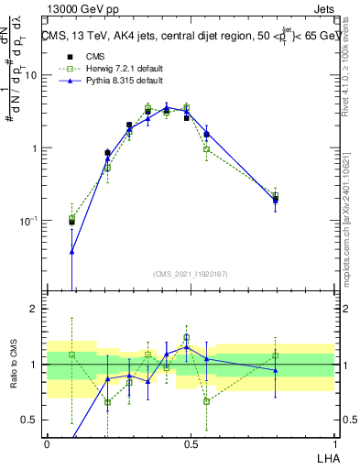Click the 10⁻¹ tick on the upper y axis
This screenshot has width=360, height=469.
click(x=31, y=221)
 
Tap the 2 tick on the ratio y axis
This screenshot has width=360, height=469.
click(x=37, y=309)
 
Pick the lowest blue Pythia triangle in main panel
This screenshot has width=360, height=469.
click(x=72, y=250)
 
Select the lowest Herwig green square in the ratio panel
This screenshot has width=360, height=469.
click(x=108, y=402)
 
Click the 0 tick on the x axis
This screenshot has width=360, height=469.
click(x=47, y=443)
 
